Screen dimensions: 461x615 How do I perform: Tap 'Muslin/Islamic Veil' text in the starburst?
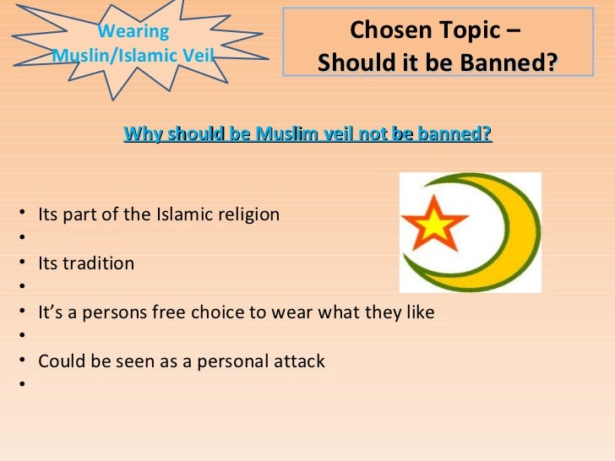(x=133, y=56)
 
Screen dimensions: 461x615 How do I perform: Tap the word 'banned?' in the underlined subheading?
(x=458, y=134)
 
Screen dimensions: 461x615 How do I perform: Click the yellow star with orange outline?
(x=433, y=224)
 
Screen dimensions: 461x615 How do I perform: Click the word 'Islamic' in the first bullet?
(x=185, y=214)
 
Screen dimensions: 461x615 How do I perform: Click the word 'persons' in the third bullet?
(x=129, y=312)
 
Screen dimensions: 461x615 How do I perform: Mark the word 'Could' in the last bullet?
(x=58, y=362)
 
